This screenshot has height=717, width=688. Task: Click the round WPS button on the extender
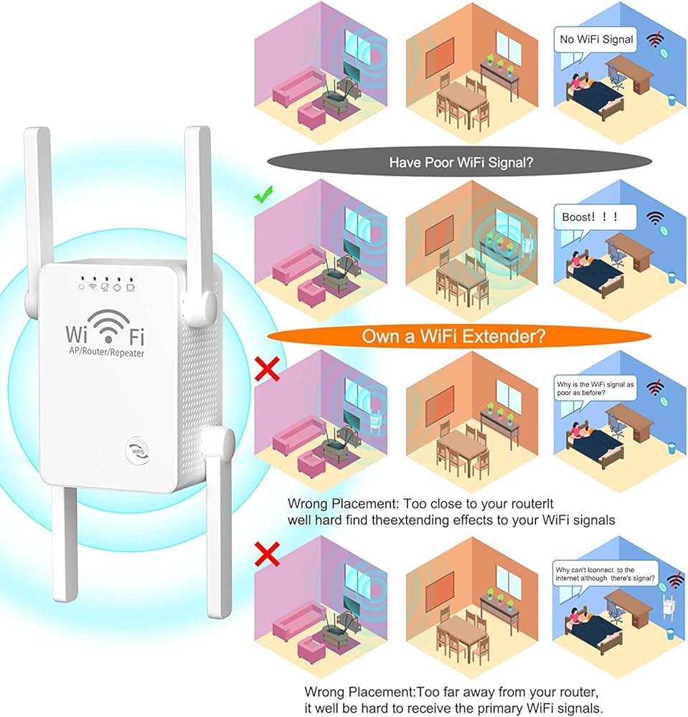(138, 451)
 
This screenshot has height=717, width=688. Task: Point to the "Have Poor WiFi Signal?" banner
(460, 162)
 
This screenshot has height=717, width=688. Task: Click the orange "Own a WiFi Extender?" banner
(459, 336)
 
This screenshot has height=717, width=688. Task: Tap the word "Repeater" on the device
(126, 353)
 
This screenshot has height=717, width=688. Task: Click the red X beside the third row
(267, 369)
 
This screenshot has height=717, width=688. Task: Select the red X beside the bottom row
(267, 554)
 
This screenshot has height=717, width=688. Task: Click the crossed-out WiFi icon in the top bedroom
(655, 39)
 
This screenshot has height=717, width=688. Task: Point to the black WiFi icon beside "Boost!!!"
(655, 218)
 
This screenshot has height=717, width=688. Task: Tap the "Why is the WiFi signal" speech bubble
(595, 389)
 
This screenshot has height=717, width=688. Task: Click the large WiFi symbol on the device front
(108, 326)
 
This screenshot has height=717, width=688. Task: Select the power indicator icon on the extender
(81, 288)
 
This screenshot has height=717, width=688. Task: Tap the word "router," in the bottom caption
(575, 693)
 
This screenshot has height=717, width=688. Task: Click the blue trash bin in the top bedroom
(671, 100)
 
